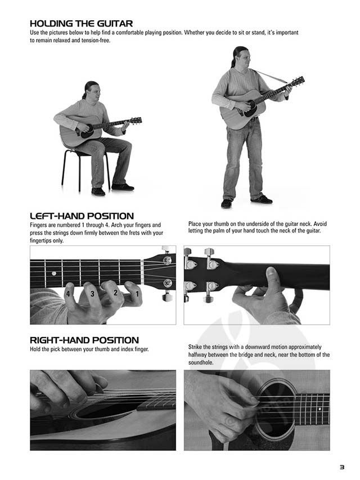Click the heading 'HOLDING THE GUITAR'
pos(81,24)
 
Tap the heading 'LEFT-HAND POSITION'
pos(82,216)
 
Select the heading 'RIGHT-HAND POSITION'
pos(84,340)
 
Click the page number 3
pos(342,467)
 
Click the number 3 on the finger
pos(92,294)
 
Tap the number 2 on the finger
pos(115,293)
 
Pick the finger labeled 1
pos(134,293)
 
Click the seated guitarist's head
pos(91,89)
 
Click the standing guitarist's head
pos(241,56)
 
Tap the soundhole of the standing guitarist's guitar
pos(251,109)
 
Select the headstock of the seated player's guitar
pos(136,120)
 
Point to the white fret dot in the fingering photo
pos(54,273)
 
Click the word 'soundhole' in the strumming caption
pos(200,362)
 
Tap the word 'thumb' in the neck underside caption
pos(220,224)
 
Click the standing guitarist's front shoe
pos(262,199)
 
